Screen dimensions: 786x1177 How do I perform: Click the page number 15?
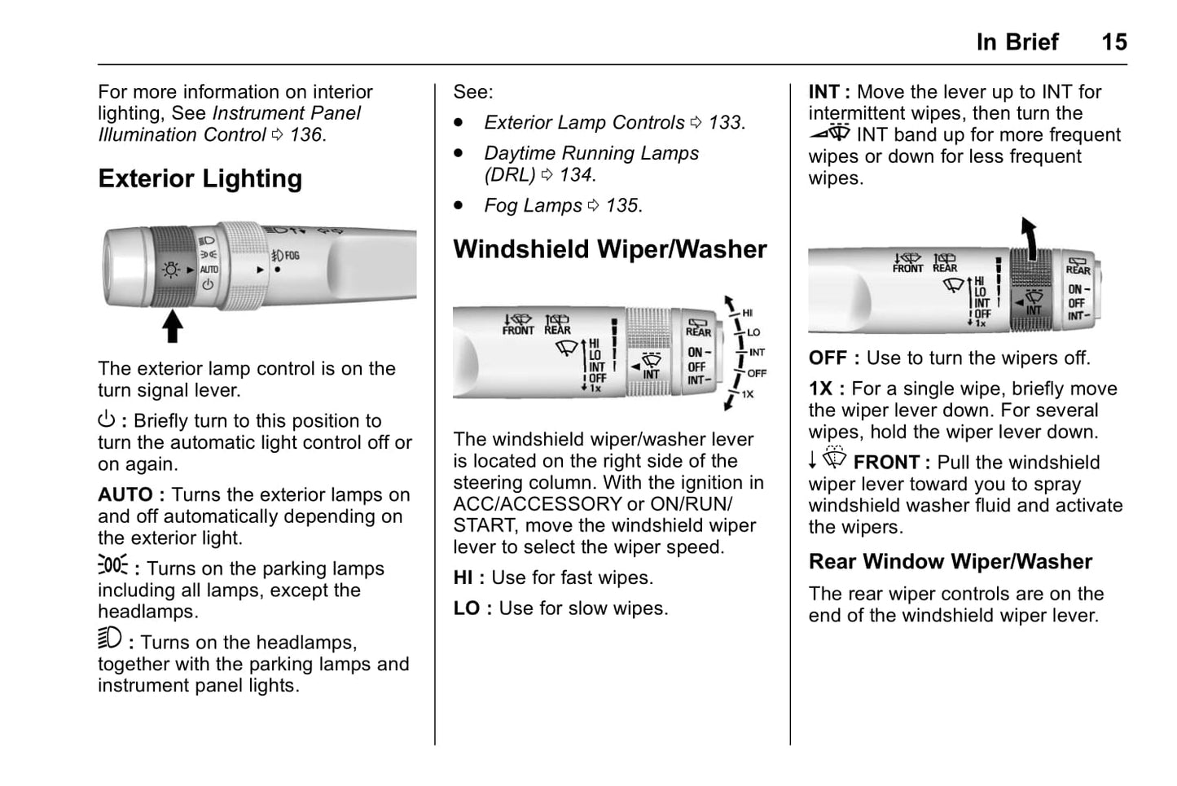coord(1113,42)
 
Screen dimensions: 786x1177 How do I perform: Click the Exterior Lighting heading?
coord(200,178)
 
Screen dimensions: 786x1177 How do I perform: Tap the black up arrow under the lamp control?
coord(172,326)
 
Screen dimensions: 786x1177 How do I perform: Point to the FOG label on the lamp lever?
coord(292,256)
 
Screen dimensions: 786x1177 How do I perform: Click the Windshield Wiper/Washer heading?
coord(609,249)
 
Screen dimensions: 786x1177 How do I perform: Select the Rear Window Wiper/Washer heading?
coord(950,562)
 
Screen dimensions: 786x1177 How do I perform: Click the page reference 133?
coord(725,123)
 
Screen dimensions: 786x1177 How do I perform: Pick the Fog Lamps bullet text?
coord(533,206)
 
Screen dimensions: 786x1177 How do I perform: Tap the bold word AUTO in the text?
coord(125,495)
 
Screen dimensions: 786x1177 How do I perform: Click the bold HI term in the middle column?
coord(463,578)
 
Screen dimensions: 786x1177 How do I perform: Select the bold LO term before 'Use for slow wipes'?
coord(466,609)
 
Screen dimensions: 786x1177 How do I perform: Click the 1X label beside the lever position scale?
coord(747,394)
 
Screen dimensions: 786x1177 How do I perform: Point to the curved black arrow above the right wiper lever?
coord(1030,237)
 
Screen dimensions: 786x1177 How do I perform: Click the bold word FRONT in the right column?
coord(885,463)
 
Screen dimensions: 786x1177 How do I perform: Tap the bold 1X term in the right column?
coord(820,389)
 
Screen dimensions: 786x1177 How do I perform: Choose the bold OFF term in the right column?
coord(828,358)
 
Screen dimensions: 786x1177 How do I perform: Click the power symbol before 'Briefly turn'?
coord(106,420)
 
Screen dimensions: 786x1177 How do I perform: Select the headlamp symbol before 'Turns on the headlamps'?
coord(109,638)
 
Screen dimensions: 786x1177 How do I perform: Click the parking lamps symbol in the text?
coord(112,564)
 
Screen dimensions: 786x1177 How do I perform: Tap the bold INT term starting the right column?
coord(823,92)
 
